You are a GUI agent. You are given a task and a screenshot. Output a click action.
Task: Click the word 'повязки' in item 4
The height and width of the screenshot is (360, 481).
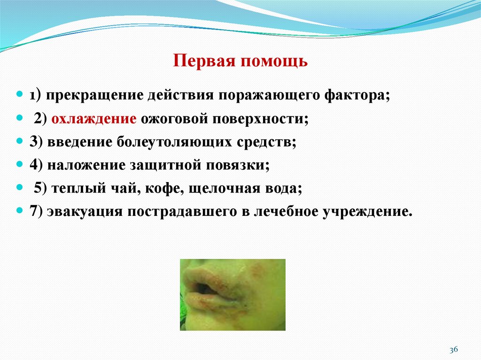247,165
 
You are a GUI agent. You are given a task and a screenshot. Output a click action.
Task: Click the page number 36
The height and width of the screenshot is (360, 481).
453,350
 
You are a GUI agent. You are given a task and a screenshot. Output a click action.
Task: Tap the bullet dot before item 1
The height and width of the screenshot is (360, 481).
20,94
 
